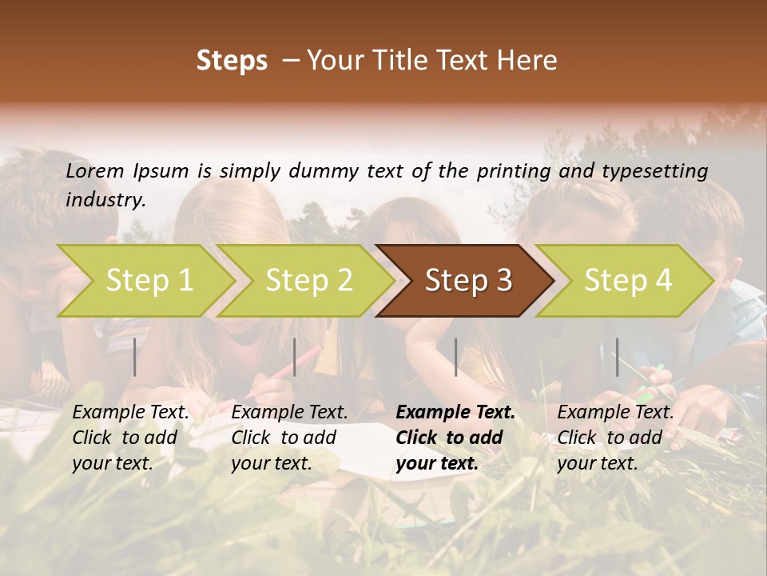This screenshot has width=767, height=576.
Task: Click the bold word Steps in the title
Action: pyautogui.click(x=232, y=61)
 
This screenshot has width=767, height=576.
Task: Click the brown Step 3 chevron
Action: pyautogui.click(x=468, y=280)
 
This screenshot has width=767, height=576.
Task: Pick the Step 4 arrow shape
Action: pyautogui.click(x=628, y=280)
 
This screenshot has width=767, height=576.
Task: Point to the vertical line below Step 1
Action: pyautogui.click(x=135, y=357)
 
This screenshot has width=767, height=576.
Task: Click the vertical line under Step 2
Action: pyautogui.click(x=295, y=357)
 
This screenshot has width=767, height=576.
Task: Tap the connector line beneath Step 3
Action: pyautogui.click(x=455, y=357)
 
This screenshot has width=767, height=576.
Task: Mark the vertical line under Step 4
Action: pyautogui.click(x=617, y=357)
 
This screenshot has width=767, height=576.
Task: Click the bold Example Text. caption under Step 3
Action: pyautogui.click(x=455, y=413)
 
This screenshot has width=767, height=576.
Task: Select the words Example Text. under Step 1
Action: pyautogui.click(x=131, y=413)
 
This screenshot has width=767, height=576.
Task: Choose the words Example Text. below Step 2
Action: pyautogui.click(x=289, y=413)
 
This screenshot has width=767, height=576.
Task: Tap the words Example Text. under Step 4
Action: pyautogui.click(x=615, y=413)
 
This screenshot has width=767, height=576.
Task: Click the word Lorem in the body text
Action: pyautogui.click(x=95, y=170)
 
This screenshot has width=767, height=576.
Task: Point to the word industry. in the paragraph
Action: pyautogui.click(x=105, y=200)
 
